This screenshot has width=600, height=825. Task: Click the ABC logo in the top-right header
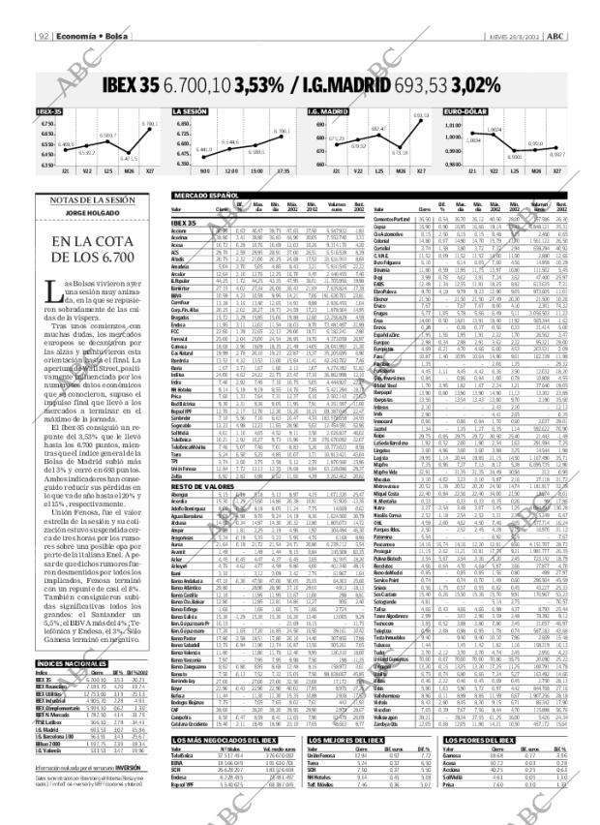point(556,37)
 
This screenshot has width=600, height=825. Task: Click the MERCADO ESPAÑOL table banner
point(204,196)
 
